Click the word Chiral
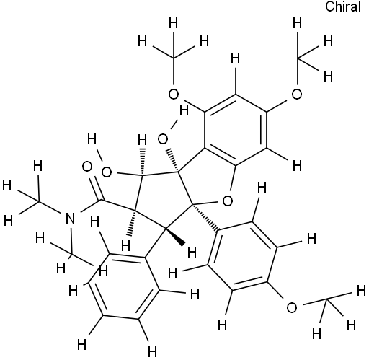[x=343, y=6]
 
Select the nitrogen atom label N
[x=70, y=219]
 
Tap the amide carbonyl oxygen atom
[x=87, y=167]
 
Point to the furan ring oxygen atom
[x=228, y=201]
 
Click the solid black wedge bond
[x=175, y=237]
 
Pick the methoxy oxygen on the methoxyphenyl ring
[x=292, y=308]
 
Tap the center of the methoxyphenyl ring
[x=243, y=255]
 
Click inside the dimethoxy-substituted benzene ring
[x=236, y=130]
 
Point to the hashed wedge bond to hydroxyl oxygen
[x=172, y=161]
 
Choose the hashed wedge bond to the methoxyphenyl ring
[x=206, y=219]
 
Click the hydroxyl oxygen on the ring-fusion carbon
[x=163, y=139]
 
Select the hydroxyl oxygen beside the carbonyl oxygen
[x=107, y=172]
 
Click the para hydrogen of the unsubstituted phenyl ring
[x=81, y=345]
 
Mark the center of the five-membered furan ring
[x=208, y=180]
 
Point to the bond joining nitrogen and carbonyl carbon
[x=90, y=206]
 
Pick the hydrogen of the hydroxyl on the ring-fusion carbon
[x=184, y=111]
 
